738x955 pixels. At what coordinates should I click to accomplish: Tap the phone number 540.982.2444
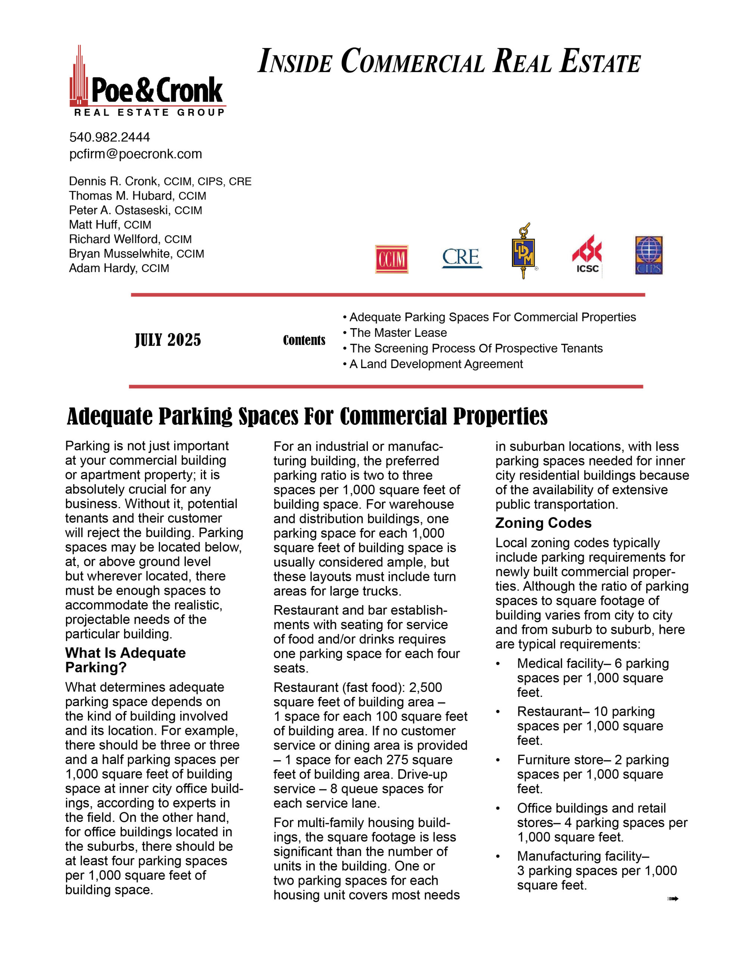pos(109,137)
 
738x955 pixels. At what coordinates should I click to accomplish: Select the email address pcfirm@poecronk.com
pos(135,154)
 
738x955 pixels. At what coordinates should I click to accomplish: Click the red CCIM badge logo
pos(391,259)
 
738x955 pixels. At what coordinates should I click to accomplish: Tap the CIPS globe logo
pos(648,256)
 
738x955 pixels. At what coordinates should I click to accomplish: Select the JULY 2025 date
pos(168,340)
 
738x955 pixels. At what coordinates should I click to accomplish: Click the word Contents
pos(304,340)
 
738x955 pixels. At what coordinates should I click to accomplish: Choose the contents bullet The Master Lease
pos(398,333)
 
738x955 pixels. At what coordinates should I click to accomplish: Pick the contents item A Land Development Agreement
pos(436,364)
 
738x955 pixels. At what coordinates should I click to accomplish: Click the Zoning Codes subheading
pos(543,523)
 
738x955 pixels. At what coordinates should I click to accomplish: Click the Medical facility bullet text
pos(592,678)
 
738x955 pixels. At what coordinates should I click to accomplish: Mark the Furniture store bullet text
pos(592,774)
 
